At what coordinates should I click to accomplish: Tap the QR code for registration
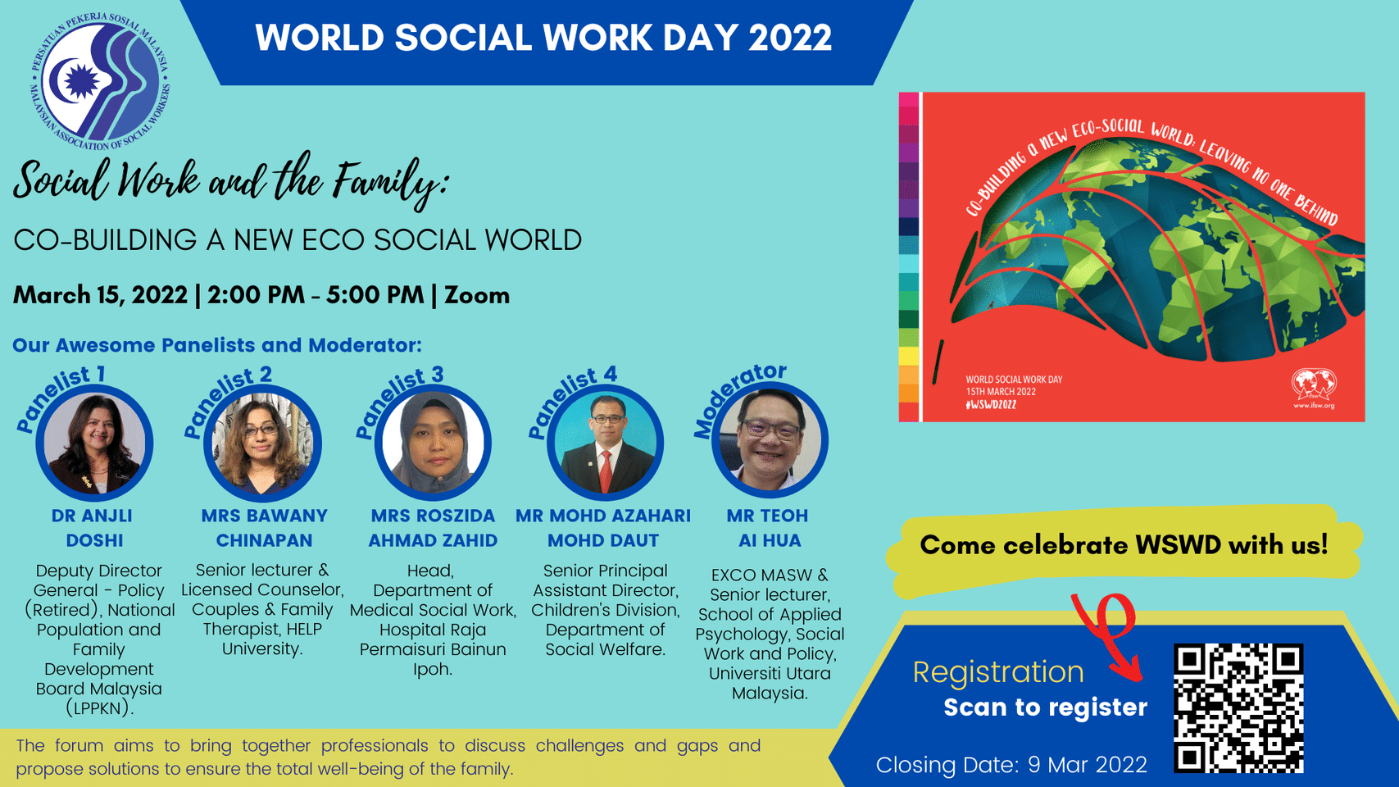click(1238, 708)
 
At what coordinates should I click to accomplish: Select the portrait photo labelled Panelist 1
click(94, 444)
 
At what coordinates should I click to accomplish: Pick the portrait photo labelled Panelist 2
click(262, 444)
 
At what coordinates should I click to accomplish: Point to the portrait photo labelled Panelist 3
click(433, 444)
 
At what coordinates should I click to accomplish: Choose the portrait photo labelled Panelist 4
click(605, 444)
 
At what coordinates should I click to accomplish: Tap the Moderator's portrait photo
click(769, 441)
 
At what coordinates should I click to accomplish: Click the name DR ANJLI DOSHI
click(93, 528)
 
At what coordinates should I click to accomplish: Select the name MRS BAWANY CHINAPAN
click(264, 528)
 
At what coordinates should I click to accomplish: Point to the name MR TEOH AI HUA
click(768, 528)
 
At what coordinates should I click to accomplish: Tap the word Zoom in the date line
click(477, 295)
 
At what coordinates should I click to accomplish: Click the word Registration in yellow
click(997, 672)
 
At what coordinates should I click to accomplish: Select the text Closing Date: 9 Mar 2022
click(1011, 765)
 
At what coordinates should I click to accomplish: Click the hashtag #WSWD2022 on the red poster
click(991, 405)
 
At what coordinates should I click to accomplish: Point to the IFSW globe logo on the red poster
click(1314, 385)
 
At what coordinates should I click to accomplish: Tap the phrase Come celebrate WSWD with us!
click(1123, 545)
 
